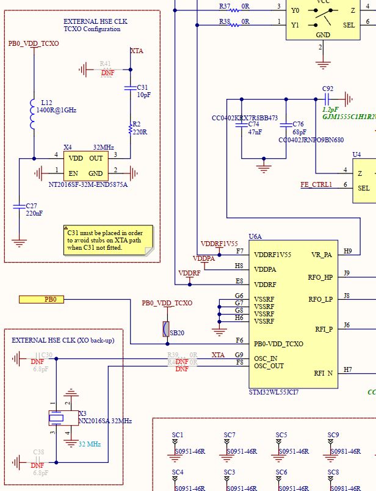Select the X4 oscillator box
[x=86, y=165]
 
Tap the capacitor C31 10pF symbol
[x=130, y=88]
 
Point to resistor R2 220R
[x=130, y=128]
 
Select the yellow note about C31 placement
[x=109, y=240]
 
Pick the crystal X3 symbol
[x=56, y=418]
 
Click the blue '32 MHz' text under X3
[x=90, y=444]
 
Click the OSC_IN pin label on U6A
[x=266, y=358]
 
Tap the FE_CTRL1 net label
[x=316, y=184]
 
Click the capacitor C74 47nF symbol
[x=242, y=125]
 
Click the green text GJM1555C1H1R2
[x=349, y=116]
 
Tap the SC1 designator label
[x=178, y=435]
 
